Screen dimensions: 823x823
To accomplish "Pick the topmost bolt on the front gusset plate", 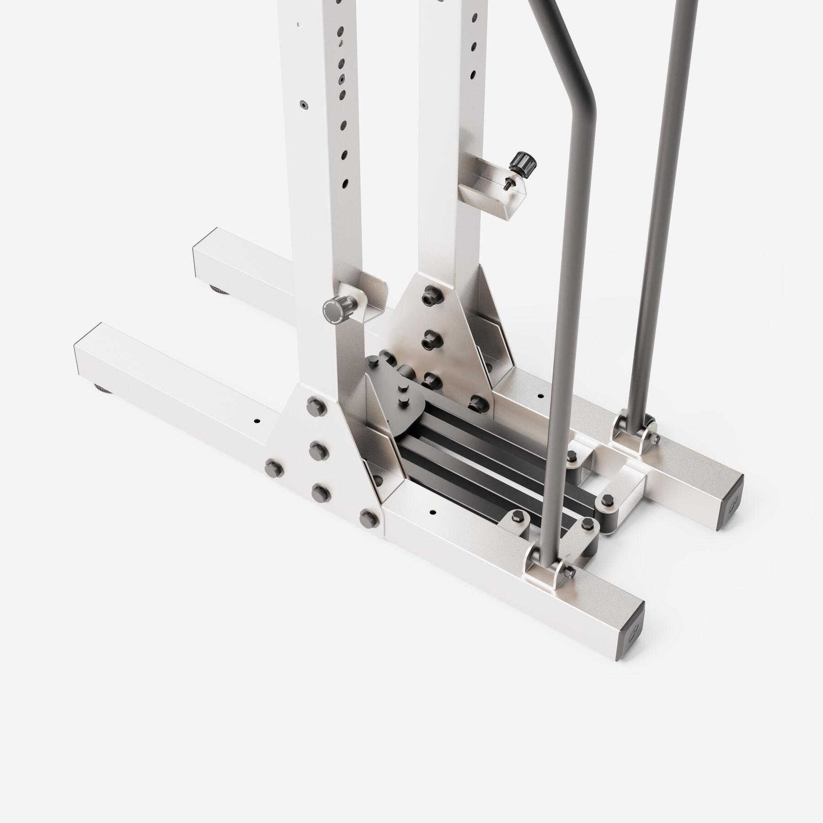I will tap(315, 404).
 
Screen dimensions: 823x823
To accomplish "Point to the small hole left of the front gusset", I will tap(257, 420).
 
